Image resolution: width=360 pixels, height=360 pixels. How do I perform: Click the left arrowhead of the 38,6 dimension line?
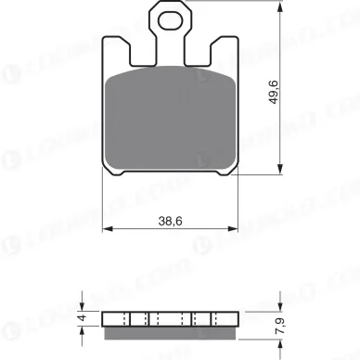[x=102, y=232]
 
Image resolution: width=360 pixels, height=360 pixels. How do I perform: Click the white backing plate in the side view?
[x=168, y=317]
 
